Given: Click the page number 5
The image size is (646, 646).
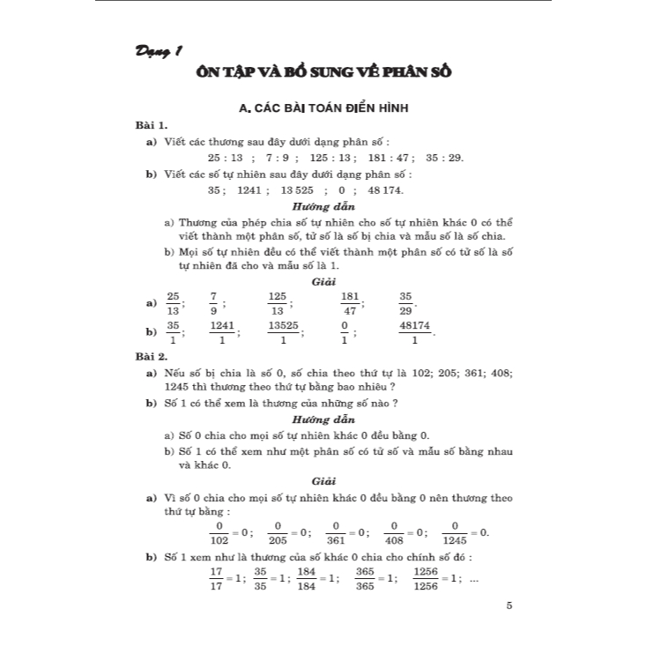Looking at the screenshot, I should click(509, 605).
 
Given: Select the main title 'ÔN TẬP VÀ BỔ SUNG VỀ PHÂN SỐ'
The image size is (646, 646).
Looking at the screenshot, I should click(323, 71).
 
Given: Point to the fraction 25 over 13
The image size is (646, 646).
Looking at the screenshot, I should click(173, 302).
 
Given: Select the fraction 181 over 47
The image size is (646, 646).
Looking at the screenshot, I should click(349, 302).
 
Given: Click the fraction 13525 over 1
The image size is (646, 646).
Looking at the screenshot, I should click(283, 332).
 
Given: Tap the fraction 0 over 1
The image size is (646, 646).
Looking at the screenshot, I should click(345, 332).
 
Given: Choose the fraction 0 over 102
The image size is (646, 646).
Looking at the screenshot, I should click(217, 531).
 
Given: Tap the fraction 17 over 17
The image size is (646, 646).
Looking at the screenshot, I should click(216, 577).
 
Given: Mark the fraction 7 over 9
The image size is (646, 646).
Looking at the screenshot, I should click(213, 302).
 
